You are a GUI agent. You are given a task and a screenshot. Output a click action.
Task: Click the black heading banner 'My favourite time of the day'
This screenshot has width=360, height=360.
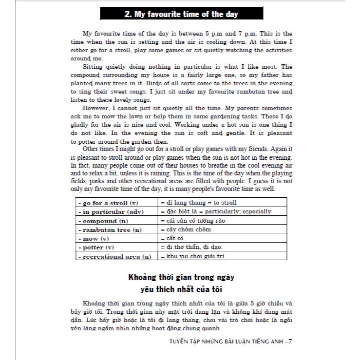pyautogui.click(x=181, y=14)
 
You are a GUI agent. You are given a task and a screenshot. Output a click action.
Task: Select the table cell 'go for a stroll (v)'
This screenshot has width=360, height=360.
pyautogui.click(x=108, y=203)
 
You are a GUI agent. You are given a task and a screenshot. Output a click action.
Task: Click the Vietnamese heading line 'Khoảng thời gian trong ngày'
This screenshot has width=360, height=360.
pyautogui.click(x=181, y=277)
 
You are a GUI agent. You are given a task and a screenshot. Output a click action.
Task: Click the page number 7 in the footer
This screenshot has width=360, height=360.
pyautogui.click(x=290, y=341)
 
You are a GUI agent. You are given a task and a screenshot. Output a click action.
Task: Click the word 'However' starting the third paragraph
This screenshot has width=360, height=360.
pyautogui.click(x=95, y=108)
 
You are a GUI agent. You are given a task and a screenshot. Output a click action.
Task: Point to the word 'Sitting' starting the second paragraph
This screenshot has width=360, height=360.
pyautogui.click(x=94, y=67)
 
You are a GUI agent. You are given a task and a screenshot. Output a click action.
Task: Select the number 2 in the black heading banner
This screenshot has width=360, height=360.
pyautogui.click(x=127, y=14)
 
